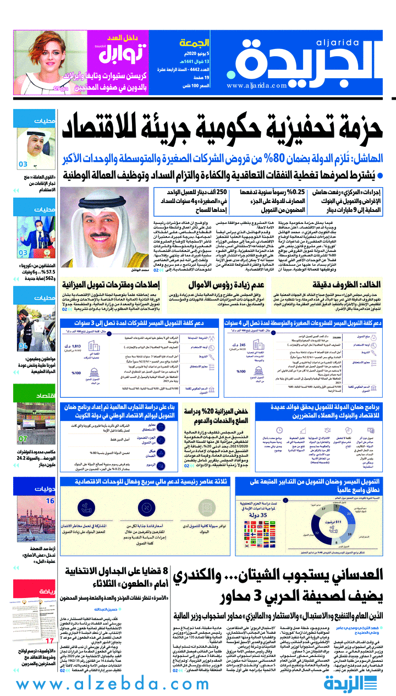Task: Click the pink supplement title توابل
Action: (x=125, y=53)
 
